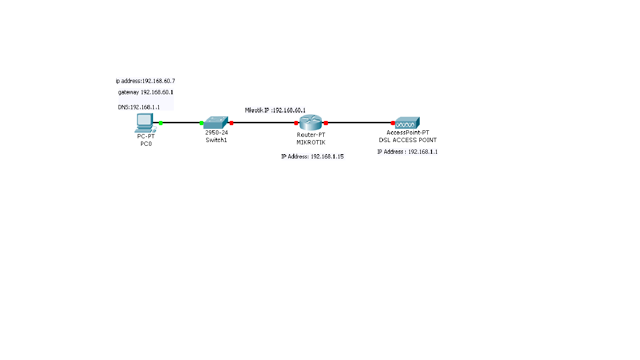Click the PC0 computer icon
(x=144, y=122)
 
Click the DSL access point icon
(x=407, y=123)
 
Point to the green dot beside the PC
(x=161, y=123)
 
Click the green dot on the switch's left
(x=201, y=123)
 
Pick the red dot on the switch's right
(x=231, y=123)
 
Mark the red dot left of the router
(x=296, y=123)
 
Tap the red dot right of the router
(x=326, y=123)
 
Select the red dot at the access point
(x=393, y=123)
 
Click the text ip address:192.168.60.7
(x=145, y=81)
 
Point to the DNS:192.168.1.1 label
(x=139, y=107)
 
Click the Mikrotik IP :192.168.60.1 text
(x=275, y=110)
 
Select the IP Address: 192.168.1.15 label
(x=312, y=157)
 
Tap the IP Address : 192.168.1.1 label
(x=407, y=152)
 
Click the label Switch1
(x=216, y=140)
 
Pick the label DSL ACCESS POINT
(x=408, y=140)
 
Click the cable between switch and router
(x=264, y=123)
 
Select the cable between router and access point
(x=359, y=123)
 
